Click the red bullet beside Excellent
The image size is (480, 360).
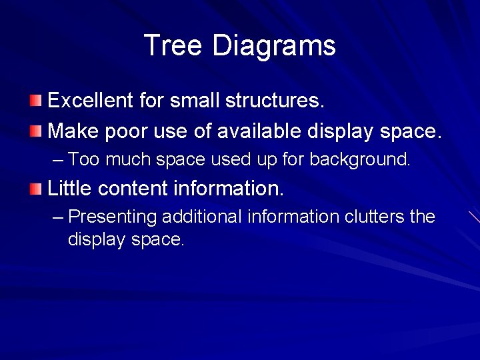click(x=35, y=101)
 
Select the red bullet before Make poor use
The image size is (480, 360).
click(x=35, y=131)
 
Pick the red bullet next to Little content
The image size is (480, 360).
click(x=35, y=189)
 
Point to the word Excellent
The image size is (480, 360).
click(x=91, y=101)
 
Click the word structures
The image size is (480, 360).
click(x=275, y=101)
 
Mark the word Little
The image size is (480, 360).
click(x=70, y=189)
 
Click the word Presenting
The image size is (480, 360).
click(x=113, y=217)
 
